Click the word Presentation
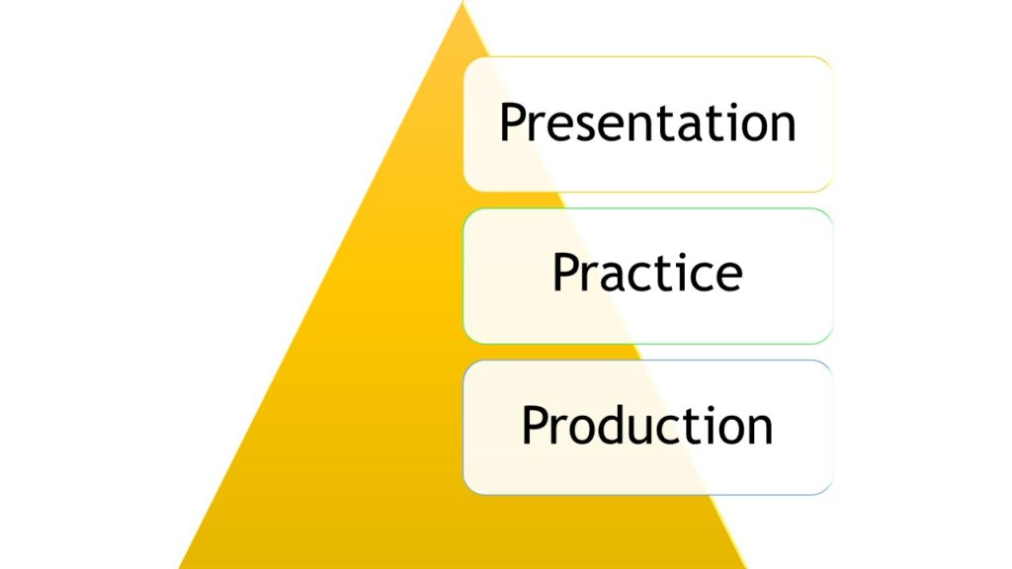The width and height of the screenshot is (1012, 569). [x=647, y=122]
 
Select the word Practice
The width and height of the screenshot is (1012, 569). [x=647, y=273]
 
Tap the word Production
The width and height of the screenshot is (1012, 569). [x=647, y=426]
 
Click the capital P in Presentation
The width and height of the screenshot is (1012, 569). [x=512, y=122]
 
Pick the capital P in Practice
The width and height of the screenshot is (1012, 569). [x=565, y=273]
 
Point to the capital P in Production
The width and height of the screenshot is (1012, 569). [x=535, y=426]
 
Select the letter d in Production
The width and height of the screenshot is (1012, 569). [x=610, y=426]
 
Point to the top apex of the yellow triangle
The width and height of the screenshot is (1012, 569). [x=463, y=3]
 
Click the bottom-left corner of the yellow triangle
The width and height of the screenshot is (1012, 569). [x=180, y=567]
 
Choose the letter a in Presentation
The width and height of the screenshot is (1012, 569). [x=674, y=126]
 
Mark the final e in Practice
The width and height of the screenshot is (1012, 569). [x=728, y=277]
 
